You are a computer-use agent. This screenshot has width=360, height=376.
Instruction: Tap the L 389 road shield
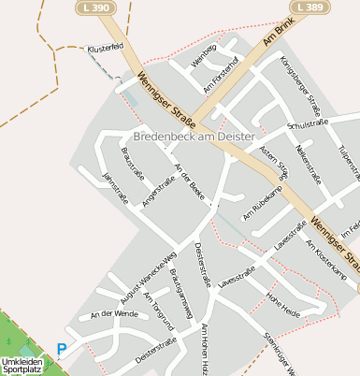[311, 7]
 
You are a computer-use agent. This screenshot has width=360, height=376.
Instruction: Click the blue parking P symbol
[62, 350]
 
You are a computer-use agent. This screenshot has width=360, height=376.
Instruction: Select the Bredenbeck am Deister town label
[194, 137]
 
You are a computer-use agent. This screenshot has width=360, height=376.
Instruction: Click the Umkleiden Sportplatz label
[22, 366]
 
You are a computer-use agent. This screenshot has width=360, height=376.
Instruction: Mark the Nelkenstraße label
[308, 163]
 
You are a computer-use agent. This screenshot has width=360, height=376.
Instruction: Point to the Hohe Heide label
[284, 306]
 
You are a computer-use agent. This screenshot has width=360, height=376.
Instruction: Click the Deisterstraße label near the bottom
[156, 348]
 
